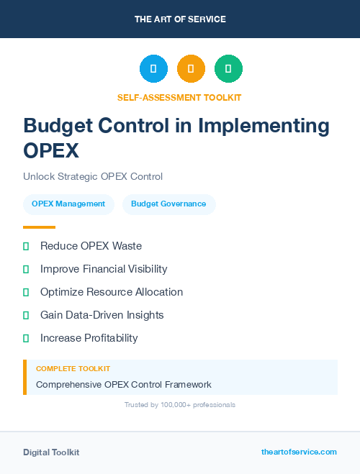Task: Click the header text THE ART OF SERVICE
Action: (180, 19)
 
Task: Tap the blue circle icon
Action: (153, 69)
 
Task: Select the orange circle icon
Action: (191, 69)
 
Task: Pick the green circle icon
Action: (228, 69)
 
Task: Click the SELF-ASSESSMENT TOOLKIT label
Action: (179, 97)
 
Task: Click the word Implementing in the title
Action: (268, 126)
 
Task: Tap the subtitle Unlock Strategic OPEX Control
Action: (93, 176)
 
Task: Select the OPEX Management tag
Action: (68, 204)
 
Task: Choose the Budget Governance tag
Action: (168, 204)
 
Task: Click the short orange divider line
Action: (39, 227)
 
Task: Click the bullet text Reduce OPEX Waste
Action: (91, 246)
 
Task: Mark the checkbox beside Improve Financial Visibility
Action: (26, 269)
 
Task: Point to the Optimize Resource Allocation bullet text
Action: (112, 292)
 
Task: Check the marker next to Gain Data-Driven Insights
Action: (26, 315)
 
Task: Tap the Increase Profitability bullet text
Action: (89, 338)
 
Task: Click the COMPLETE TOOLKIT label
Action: (73, 368)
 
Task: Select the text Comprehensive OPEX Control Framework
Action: (123, 384)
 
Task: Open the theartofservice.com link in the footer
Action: (299, 452)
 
